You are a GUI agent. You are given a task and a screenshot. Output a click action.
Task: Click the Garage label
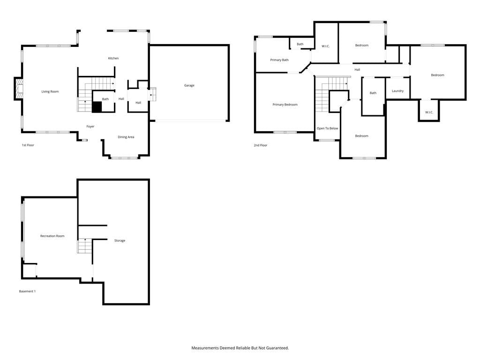[x=189, y=85]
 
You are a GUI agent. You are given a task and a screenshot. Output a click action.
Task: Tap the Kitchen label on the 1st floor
[x=113, y=58]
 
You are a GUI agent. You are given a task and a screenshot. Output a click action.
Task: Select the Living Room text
[x=50, y=91]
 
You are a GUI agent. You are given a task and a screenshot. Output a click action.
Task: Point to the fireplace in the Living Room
[x=19, y=89]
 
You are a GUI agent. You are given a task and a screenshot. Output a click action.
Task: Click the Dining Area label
[x=126, y=137]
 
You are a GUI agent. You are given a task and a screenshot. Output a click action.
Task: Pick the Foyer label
[x=90, y=127]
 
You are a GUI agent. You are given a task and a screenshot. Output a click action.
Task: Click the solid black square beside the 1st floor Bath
[x=97, y=107]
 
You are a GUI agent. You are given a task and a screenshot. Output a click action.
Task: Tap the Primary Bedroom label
[x=285, y=105]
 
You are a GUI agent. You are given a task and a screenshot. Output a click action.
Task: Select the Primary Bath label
[x=279, y=60]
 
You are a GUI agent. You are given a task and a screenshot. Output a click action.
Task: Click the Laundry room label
[x=397, y=91]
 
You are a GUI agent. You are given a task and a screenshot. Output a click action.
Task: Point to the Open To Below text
[x=327, y=128]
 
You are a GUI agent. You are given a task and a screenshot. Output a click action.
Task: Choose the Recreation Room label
[x=52, y=236]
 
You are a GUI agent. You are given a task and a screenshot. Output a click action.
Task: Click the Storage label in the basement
[x=120, y=240]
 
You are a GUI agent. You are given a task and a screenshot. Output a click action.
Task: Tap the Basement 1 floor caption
[x=27, y=292]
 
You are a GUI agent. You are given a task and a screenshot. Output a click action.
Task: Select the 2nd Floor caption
[x=261, y=145]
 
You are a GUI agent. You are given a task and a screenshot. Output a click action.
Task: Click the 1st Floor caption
[x=28, y=145]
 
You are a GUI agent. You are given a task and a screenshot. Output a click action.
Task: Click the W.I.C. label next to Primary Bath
[x=325, y=46]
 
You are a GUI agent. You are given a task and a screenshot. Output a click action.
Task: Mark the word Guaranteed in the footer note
[x=277, y=348]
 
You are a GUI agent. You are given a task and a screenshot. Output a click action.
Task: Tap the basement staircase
[x=85, y=246]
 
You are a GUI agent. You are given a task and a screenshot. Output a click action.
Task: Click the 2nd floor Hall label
[x=357, y=70]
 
